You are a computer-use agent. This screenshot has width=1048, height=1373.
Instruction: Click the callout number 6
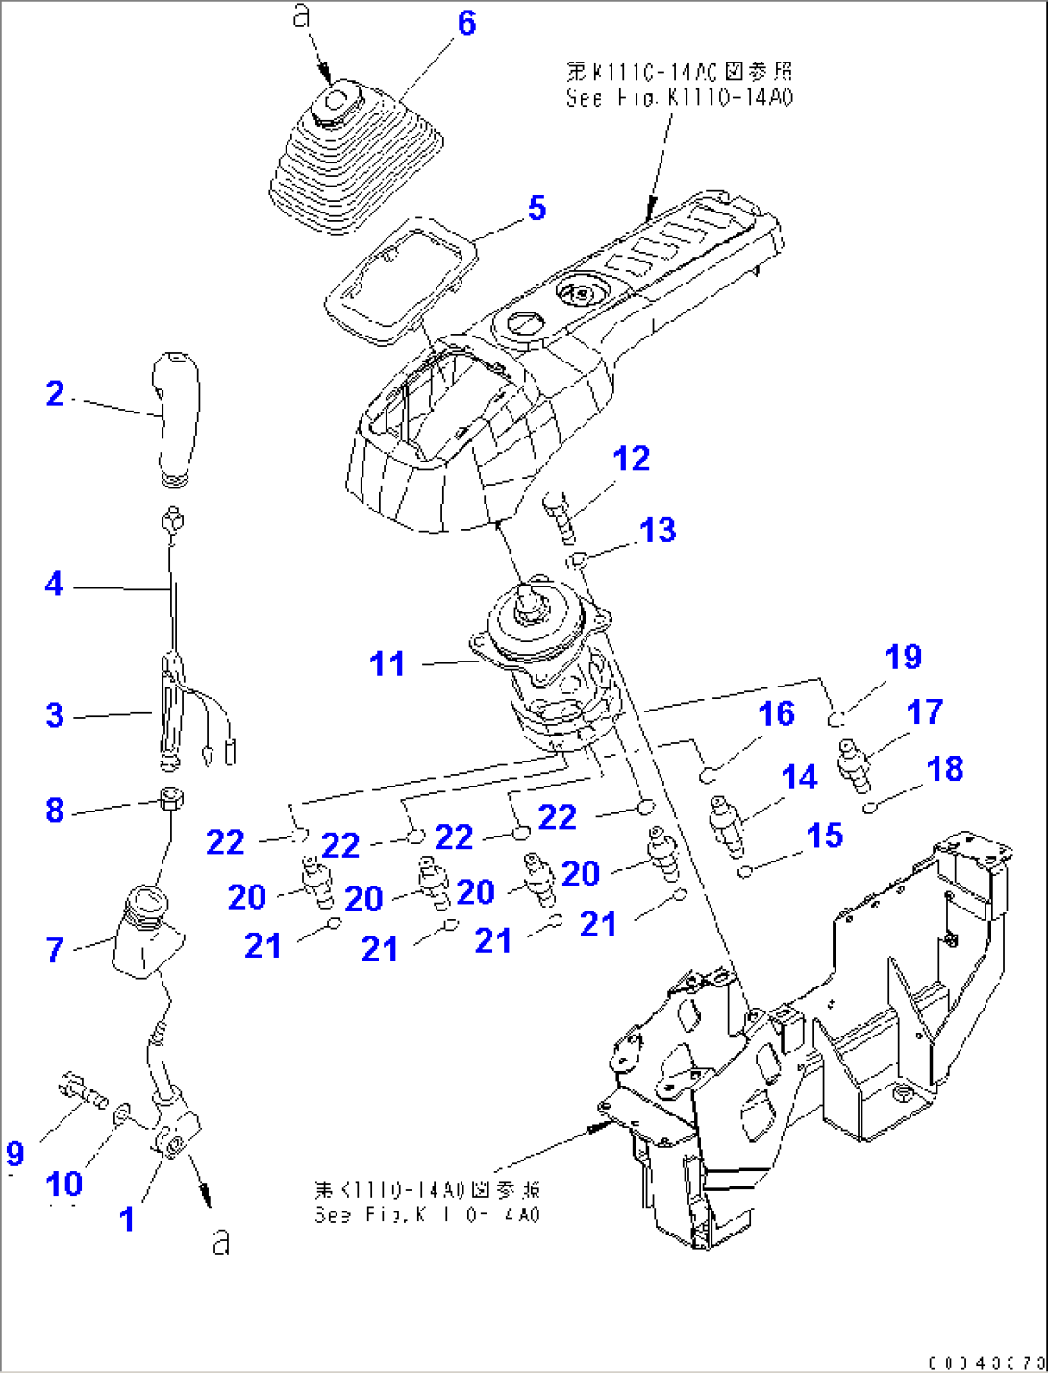tap(466, 22)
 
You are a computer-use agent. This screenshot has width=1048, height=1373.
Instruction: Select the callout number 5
tap(536, 208)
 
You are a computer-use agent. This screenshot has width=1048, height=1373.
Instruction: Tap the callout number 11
tap(387, 663)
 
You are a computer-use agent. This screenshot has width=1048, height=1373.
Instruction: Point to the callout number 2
tap(55, 393)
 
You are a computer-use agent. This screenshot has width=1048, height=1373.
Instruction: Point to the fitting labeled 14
tap(726, 824)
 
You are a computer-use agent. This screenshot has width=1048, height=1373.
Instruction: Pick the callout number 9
tap(14, 1153)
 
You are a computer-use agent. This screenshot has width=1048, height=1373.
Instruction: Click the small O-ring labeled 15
tap(745, 871)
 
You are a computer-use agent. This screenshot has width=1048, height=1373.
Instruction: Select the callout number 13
tap(658, 530)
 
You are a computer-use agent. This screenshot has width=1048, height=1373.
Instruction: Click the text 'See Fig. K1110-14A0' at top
tap(679, 97)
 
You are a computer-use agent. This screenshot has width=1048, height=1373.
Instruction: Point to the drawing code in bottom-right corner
tap(986, 1361)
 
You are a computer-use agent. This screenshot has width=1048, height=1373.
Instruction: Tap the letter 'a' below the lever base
tap(222, 1241)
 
